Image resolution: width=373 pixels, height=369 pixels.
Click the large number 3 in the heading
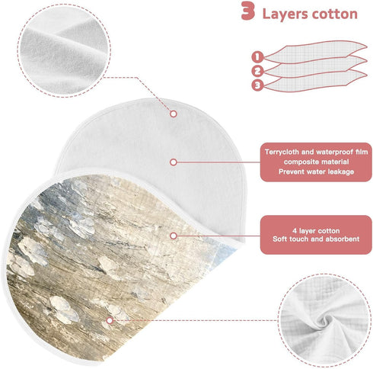coord(248,11)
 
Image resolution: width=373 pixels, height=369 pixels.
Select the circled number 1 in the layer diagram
coord(257,56)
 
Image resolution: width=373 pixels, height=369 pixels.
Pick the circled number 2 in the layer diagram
coord(257,71)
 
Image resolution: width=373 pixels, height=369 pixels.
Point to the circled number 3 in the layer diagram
coord(257,85)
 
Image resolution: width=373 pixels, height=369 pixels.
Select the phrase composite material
coord(316,162)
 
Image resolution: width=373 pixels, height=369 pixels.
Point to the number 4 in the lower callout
coord(295,231)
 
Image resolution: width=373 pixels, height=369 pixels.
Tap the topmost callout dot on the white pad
coord(174,114)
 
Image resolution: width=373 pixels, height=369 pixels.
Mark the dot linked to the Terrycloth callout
coord(174,162)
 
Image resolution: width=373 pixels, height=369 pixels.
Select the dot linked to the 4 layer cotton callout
coord(174,236)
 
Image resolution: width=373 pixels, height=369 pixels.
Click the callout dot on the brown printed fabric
coord(110,320)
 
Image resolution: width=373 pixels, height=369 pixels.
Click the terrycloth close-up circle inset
coord(64,50)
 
